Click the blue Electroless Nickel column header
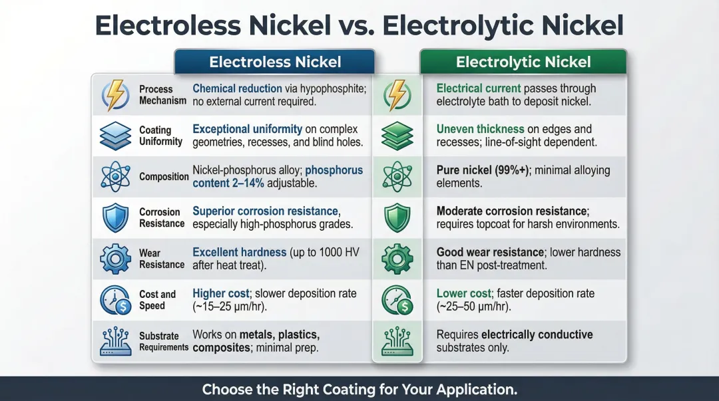click(274, 63)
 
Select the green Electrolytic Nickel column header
click(523, 63)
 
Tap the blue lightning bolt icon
click(115, 94)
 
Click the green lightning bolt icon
click(397, 94)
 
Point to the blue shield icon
click(115, 217)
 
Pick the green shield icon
click(397, 217)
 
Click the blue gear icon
click(115, 259)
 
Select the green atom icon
click(397, 177)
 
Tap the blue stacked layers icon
click(115, 136)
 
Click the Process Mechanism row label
click(162, 94)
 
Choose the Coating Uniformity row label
click(160, 136)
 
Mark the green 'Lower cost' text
click(463, 294)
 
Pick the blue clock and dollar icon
click(115, 300)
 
